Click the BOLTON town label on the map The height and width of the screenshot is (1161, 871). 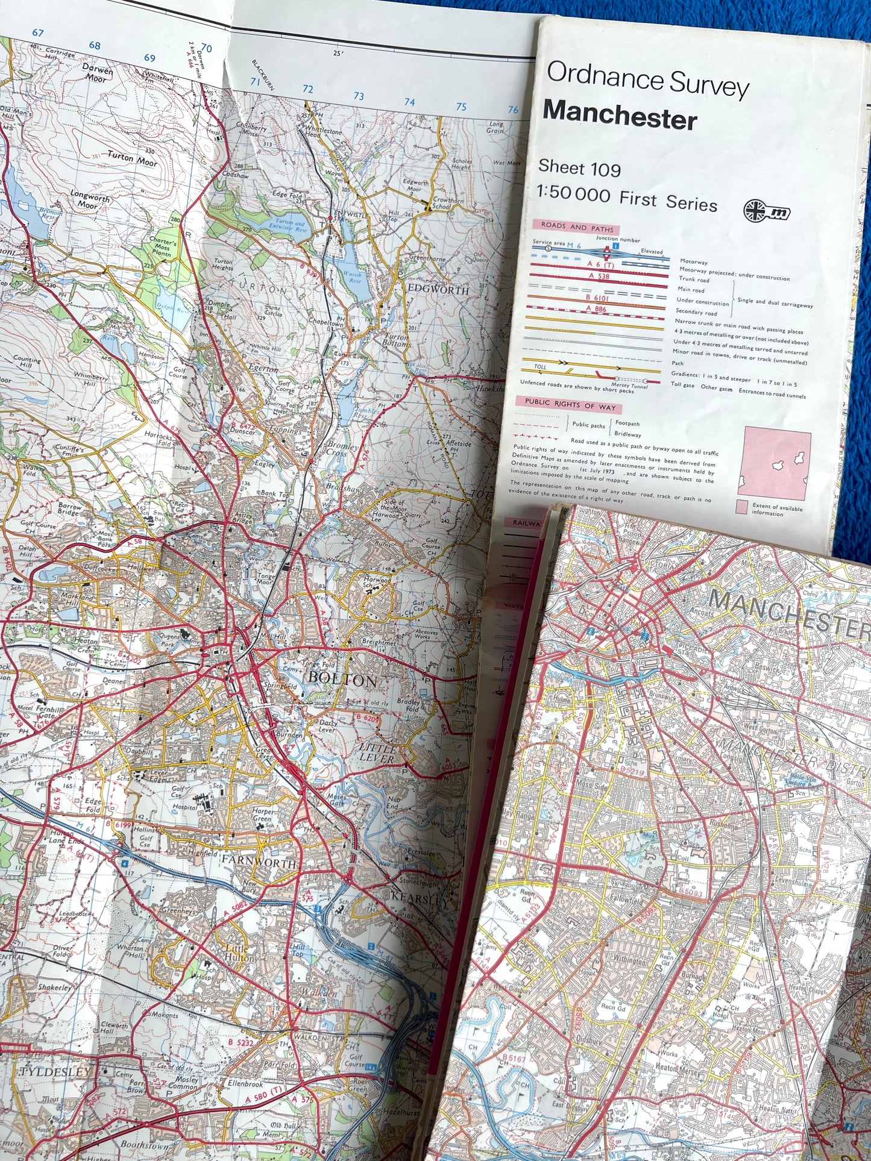pos(342,679)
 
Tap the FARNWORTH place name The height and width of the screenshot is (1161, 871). pos(259,862)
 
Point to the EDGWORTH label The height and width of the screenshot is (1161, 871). pos(438,290)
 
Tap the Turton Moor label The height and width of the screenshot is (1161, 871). pos(132,158)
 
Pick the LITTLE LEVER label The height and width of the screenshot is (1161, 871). pos(377,753)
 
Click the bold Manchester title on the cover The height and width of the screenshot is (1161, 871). pos(620,114)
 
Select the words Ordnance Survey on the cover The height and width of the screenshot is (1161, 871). pos(647,81)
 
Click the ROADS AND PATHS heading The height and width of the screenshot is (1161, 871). pos(577,227)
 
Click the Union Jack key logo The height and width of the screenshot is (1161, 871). pos(767,211)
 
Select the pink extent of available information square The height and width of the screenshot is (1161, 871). pos(777,463)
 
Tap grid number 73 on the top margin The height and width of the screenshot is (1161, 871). pos(359,96)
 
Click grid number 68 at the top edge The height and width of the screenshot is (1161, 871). pos(95,46)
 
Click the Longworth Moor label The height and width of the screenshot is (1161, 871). pos(90,201)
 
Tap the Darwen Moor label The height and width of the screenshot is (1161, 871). pos(98,74)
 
